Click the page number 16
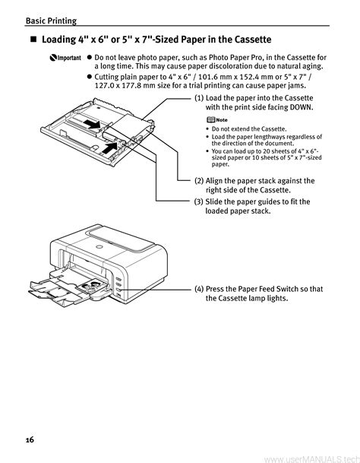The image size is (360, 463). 30,440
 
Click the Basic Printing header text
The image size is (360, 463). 51,21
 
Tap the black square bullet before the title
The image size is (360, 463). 34,40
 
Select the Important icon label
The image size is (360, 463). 65,58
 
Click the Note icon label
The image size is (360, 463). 217,119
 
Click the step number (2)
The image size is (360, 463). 199,181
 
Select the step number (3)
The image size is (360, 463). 199,201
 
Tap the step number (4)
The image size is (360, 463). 199,289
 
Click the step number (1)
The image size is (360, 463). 199,98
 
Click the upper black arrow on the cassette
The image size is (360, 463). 92,124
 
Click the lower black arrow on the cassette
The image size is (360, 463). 109,147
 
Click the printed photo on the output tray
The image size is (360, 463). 91,286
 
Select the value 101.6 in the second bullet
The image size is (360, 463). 208,77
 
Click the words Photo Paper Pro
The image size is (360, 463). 233,57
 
